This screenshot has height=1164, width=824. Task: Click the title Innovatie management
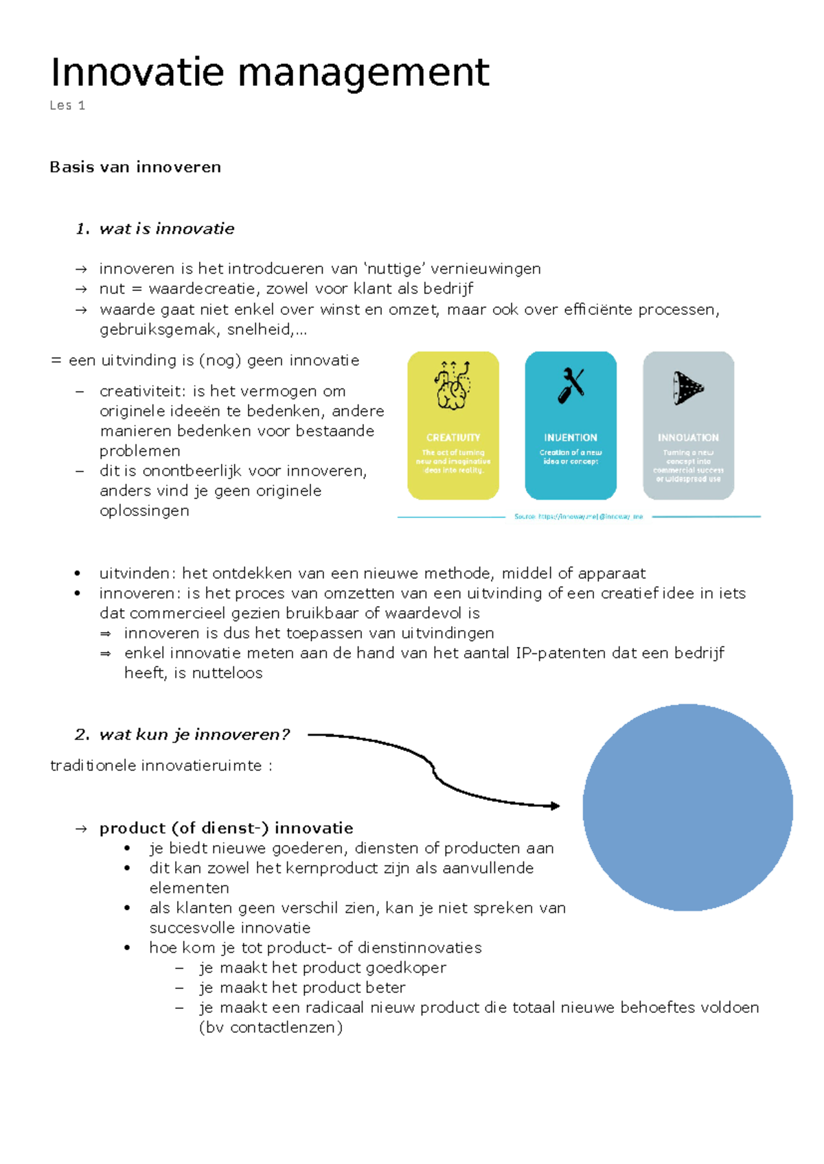[x=270, y=73]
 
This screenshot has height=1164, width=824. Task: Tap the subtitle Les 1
[x=67, y=106]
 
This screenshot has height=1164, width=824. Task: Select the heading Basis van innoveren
[x=135, y=167]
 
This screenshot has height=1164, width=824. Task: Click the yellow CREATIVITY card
[x=453, y=426]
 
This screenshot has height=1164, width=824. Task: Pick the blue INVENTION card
[x=571, y=426]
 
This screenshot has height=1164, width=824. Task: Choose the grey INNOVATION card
[x=688, y=426]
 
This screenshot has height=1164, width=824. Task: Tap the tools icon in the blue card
[x=571, y=386]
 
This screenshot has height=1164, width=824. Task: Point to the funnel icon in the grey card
[x=688, y=388]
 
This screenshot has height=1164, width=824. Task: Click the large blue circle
[x=687, y=807]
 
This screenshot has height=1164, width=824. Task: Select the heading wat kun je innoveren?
[x=194, y=735]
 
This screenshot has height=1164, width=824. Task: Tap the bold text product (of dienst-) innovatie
[x=226, y=828]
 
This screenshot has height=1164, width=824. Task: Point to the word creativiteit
[x=141, y=392]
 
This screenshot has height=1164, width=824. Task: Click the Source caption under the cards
[x=578, y=517]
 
